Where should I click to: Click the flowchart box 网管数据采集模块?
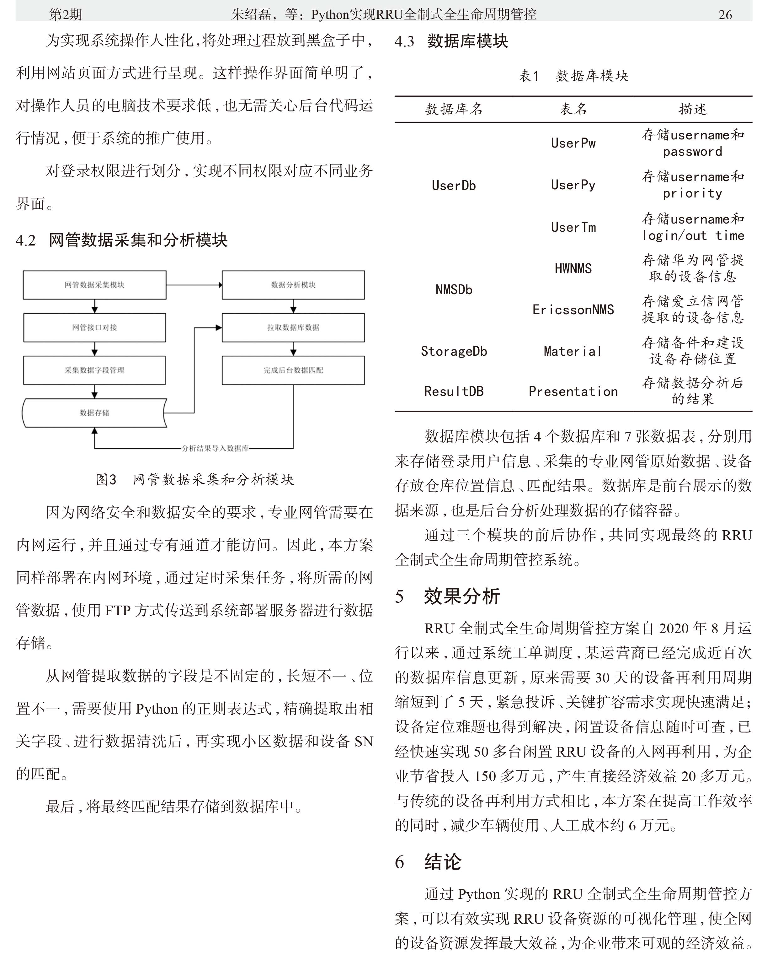[x=94, y=285]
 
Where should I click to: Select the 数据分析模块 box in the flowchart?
[x=293, y=285]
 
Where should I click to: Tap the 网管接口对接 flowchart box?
[x=94, y=327]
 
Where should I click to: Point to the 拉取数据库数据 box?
[x=293, y=327]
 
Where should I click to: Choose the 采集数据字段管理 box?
[x=94, y=370]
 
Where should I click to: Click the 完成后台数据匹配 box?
[x=293, y=370]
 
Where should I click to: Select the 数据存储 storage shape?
[x=94, y=413]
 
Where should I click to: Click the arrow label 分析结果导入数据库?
[x=215, y=448]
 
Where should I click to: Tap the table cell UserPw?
[x=573, y=143]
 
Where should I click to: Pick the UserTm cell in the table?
[x=573, y=227]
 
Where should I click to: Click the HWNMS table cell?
[x=573, y=268]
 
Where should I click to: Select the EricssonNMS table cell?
[x=573, y=309]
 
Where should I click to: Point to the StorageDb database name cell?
[x=454, y=351]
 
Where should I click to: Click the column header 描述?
[x=692, y=109]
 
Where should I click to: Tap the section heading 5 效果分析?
[x=448, y=596]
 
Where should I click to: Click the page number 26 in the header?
[x=725, y=15]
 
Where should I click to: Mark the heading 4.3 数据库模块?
[x=452, y=41]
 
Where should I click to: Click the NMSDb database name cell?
[x=454, y=290]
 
